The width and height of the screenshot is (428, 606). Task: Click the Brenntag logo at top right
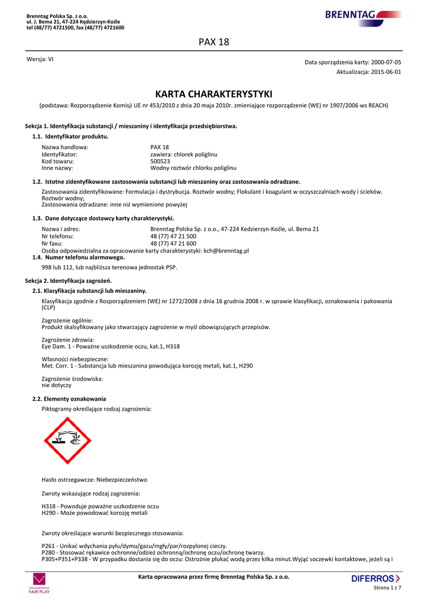coord(362,15)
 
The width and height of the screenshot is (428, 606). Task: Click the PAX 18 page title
coord(214,42)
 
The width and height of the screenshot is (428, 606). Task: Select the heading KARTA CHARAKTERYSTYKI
coord(213,94)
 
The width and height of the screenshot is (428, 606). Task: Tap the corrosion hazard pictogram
coord(67,440)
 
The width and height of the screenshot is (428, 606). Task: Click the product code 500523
coord(160,161)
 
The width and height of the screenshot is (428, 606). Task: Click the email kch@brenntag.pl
coord(226,251)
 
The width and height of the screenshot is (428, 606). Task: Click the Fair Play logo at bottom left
coord(40,583)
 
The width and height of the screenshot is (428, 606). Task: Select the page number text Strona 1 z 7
coord(387,588)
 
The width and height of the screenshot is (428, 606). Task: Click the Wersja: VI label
coord(40,59)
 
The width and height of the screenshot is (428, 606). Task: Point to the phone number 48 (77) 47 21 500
coord(173,236)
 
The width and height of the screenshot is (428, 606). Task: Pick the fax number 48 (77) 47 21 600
coord(173,243)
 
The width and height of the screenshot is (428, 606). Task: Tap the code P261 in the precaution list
coord(48,546)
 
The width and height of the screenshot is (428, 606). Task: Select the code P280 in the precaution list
coord(48,552)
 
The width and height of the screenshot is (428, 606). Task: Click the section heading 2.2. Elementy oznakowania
coord(69,399)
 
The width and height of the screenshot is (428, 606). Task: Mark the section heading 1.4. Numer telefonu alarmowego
coord(79,257)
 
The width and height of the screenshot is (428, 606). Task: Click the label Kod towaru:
coord(58,161)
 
